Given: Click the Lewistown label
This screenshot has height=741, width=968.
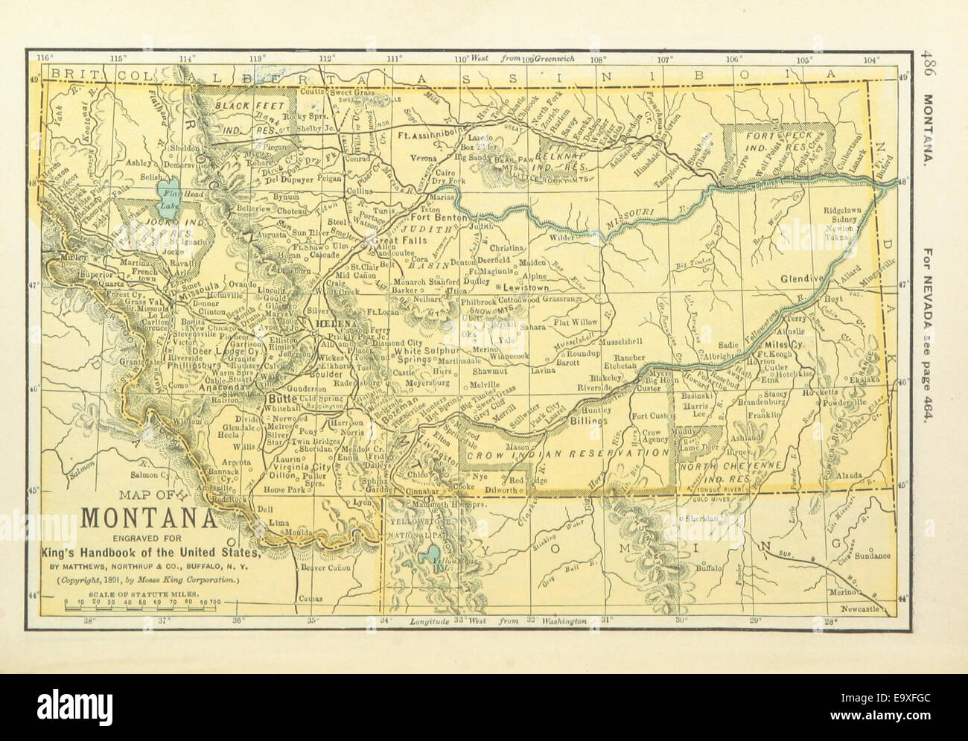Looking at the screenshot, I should coord(529,286).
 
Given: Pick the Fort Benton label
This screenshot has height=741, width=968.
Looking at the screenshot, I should coord(441,218).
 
